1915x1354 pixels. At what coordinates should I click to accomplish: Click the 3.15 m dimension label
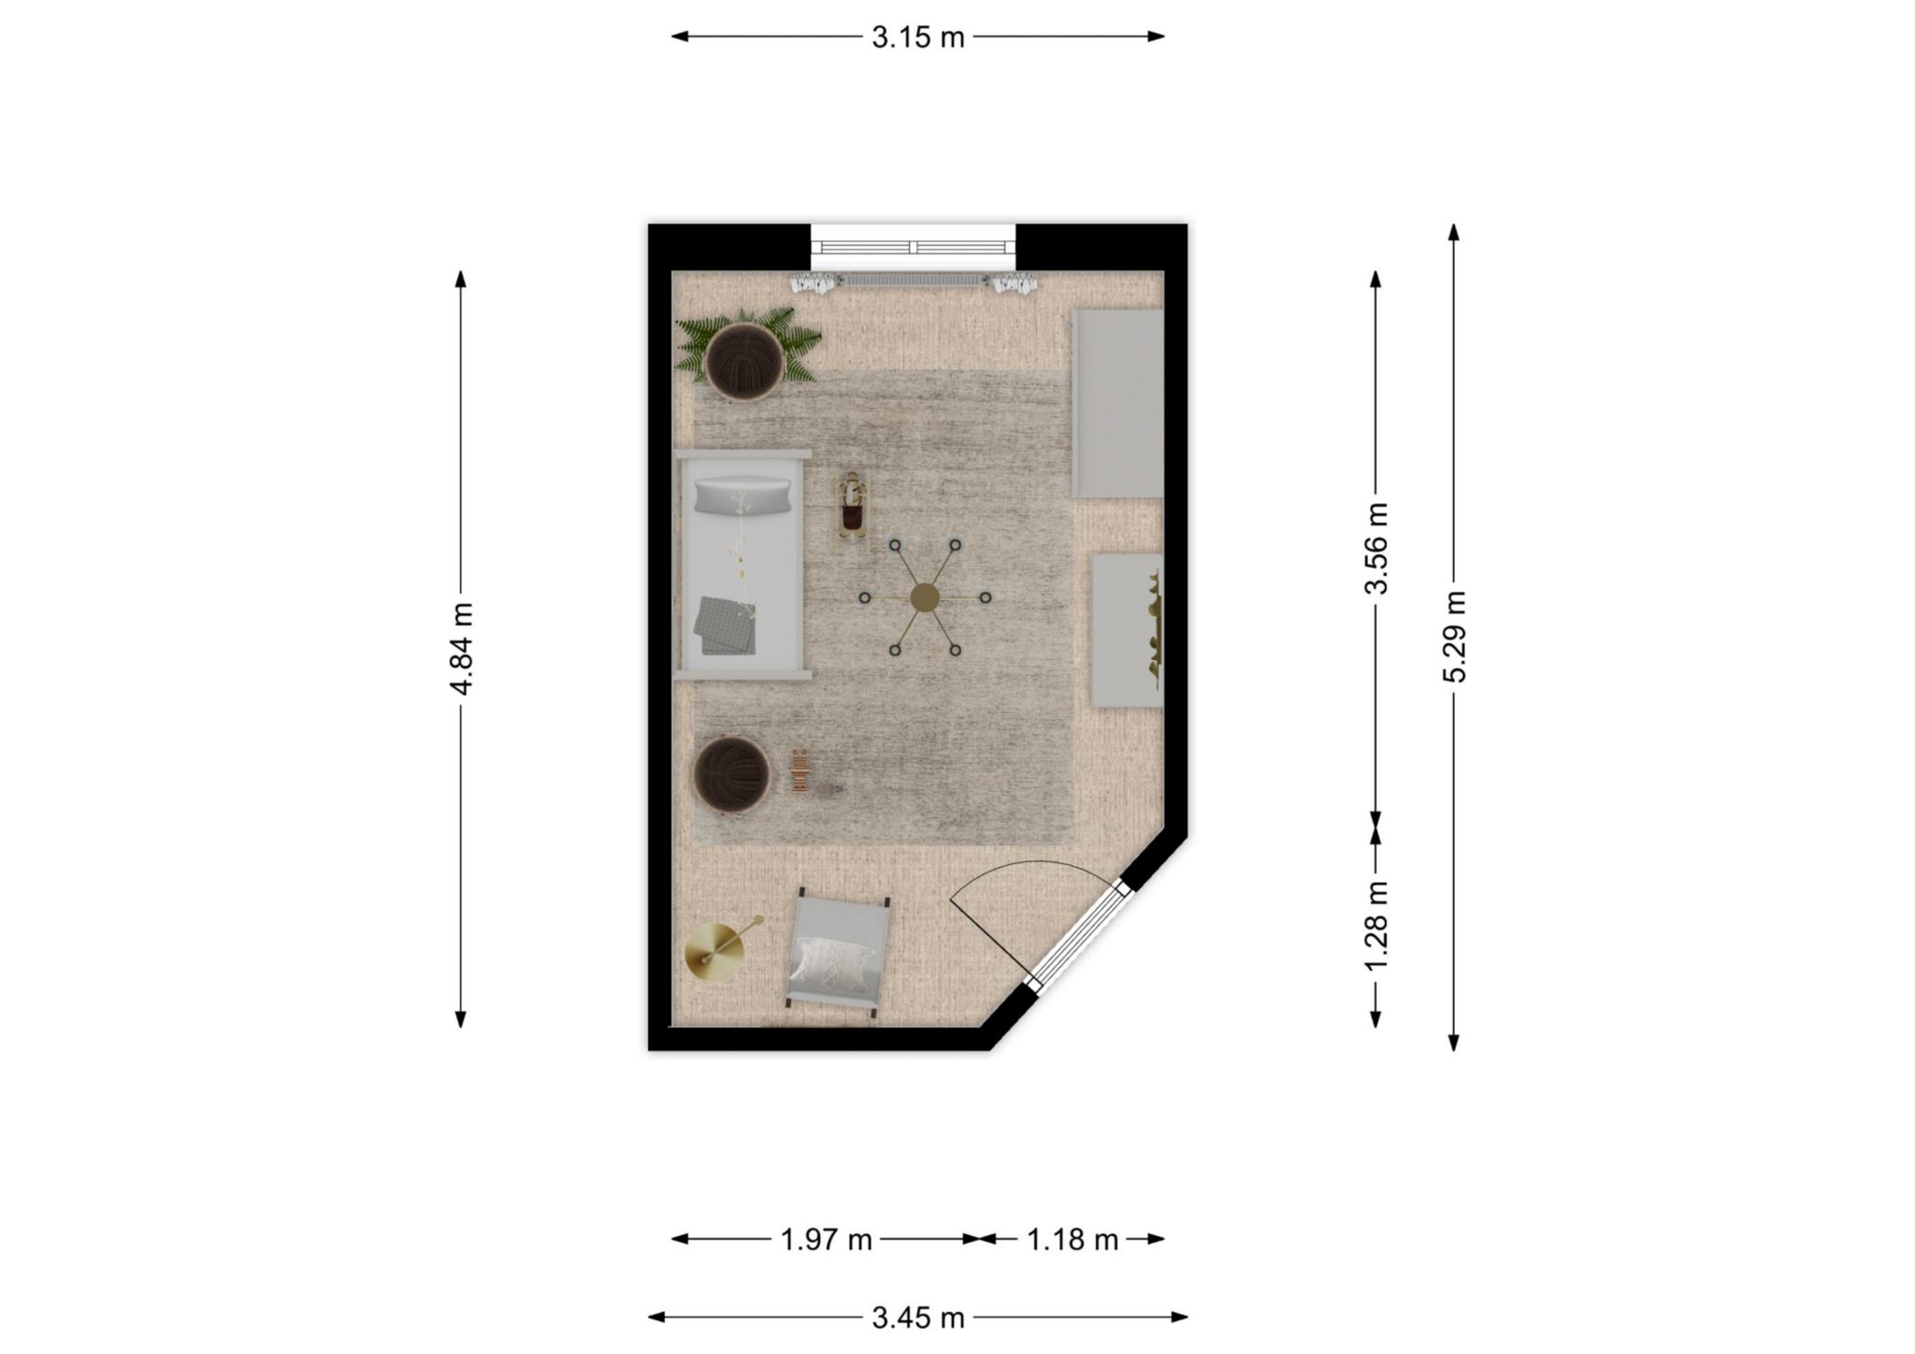click(x=917, y=37)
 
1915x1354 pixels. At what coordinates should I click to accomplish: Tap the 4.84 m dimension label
click(x=461, y=648)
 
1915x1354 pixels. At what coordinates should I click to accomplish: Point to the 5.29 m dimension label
click(x=1453, y=638)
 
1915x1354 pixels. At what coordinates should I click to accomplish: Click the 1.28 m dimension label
click(x=1375, y=925)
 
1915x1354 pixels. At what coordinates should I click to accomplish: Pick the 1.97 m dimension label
click(x=826, y=1240)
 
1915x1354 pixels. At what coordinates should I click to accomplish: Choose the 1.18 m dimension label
click(x=1073, y=1240)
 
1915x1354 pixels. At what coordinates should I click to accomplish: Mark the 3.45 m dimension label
click(x=917, y=1318)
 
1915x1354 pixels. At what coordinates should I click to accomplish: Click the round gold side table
click(x=715, y=952)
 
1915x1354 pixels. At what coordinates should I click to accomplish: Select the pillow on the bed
click(x=742, y=496)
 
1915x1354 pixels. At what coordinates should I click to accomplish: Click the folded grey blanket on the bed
click(x=726, y=625)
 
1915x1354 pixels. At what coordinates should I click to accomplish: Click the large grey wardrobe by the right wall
click(x=1118, y=404)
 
